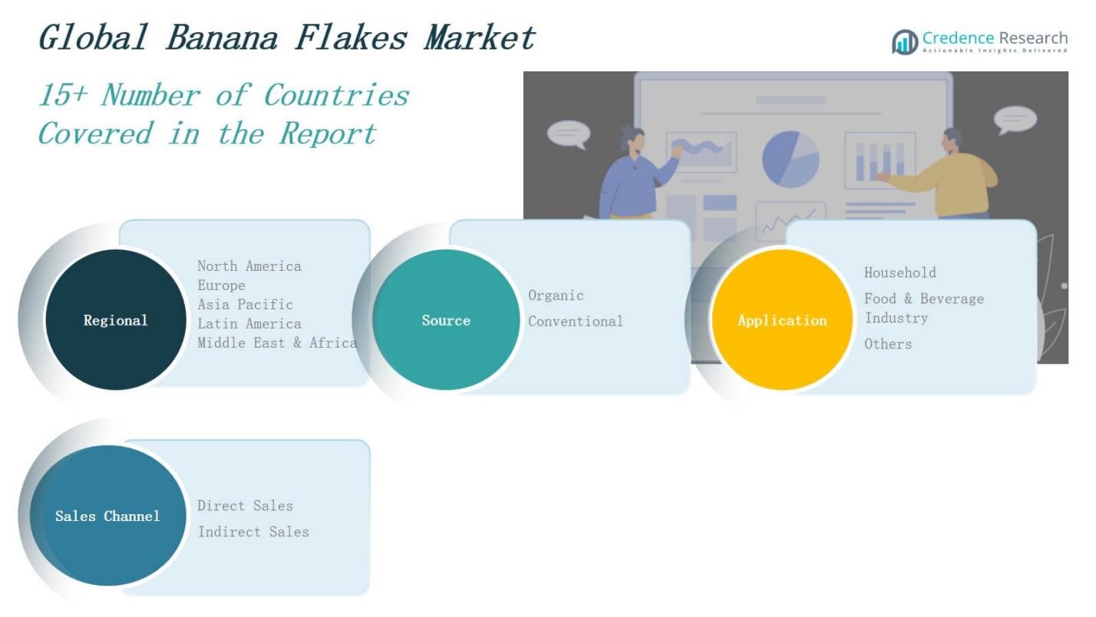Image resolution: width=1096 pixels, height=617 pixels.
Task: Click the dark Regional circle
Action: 115,320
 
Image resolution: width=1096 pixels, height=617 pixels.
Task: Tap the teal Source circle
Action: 446,320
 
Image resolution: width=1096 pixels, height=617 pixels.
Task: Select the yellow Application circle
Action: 782,320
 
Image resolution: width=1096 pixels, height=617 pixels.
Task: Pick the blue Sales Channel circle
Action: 108,516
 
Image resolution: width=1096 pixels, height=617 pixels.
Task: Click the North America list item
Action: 249,266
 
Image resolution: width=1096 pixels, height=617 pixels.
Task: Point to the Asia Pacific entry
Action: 245,305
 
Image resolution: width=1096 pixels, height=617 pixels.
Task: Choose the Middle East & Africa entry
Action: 277,343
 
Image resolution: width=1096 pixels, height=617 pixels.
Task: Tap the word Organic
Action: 556,295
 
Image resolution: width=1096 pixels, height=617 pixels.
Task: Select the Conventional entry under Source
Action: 576,322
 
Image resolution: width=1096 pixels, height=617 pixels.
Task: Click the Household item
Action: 900,272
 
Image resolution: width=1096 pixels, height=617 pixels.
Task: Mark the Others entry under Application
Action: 888,344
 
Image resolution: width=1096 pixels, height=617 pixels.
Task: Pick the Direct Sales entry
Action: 245,506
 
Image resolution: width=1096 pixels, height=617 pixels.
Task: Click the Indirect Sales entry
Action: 253,532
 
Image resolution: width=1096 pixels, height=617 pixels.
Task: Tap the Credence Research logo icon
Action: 905,41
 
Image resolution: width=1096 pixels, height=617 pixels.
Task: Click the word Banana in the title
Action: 222,38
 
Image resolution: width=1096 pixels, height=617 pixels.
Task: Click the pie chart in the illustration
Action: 790,158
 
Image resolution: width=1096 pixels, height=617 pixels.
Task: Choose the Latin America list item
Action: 249,324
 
